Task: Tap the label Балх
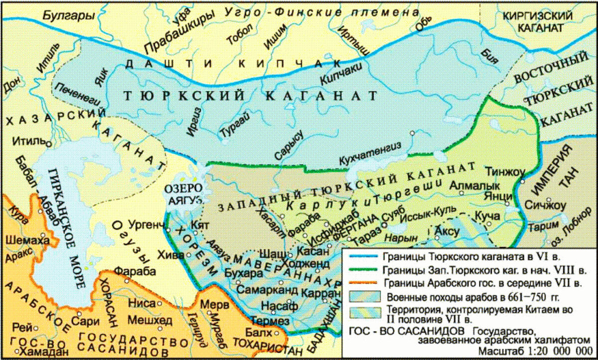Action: click(260, 332)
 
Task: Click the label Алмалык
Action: click(467, 185)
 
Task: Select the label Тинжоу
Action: click(506, 171)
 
